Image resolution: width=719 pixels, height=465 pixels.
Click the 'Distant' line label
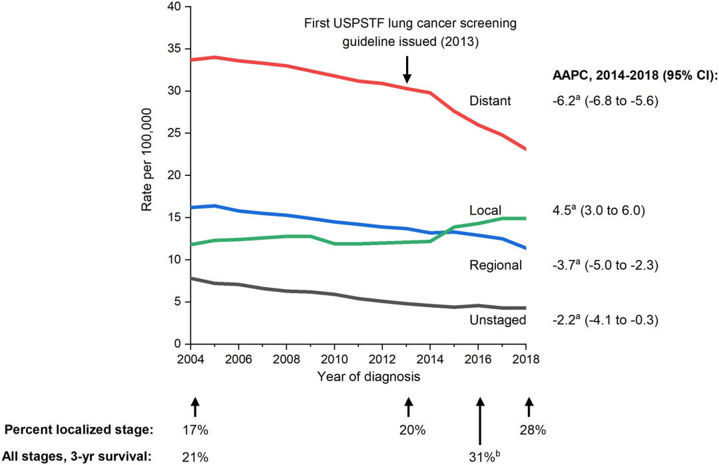tap(491, 101)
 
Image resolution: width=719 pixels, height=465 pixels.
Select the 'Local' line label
tap(485, 211)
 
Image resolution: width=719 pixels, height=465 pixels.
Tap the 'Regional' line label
tap(495, 265)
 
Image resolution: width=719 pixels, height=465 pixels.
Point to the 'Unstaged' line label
tap(497, 320)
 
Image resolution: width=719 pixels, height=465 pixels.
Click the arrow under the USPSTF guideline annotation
tap(407, 69)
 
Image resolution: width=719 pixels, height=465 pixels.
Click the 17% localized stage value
tap(195, 430)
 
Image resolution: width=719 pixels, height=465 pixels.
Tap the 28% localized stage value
tap(533, 430)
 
